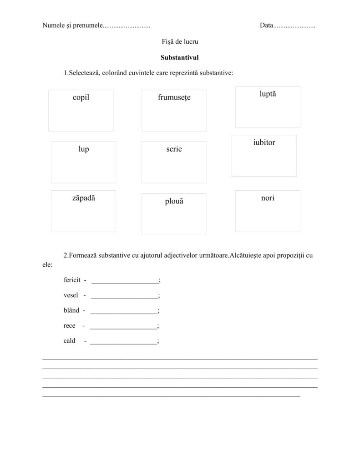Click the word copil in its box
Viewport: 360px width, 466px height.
point(81,97)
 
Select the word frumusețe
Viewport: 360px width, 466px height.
point(174,97)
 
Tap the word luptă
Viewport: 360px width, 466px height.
point(268,94)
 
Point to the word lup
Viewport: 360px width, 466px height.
point(83,149)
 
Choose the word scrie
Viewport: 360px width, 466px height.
point(174,149)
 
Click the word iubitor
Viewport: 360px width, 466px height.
point(264,142)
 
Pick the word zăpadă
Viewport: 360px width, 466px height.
point(83,198)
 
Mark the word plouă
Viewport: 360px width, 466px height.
point(174,201)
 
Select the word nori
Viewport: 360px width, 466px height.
point(268,198)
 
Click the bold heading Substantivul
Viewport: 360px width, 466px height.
point(180,58)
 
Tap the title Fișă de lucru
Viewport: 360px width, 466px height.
point(180,41)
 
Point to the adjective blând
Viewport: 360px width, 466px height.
point(71,311)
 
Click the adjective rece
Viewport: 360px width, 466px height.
point(70,326)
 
